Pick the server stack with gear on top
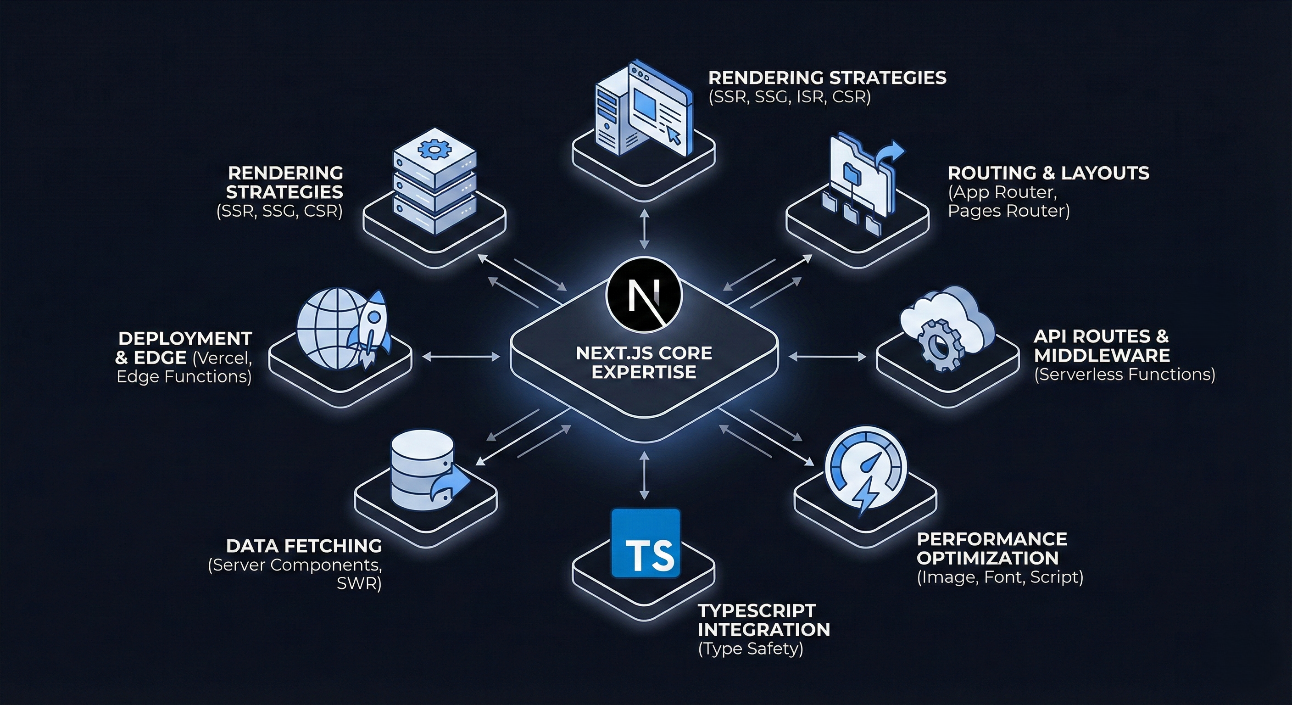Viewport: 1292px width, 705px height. [434, 181]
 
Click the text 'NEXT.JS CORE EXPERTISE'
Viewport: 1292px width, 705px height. [644, 362]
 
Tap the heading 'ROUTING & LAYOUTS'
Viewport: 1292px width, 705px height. [1048, 173]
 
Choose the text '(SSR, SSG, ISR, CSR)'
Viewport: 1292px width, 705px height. [790, 96]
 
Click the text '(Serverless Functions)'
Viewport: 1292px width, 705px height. [1125, 375]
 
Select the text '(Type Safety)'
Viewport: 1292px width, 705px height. [750, 649]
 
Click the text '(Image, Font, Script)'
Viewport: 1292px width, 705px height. [1000, 577]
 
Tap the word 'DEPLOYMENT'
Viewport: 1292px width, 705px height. [185, 338]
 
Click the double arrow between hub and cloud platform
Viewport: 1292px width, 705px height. [828, 357]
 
